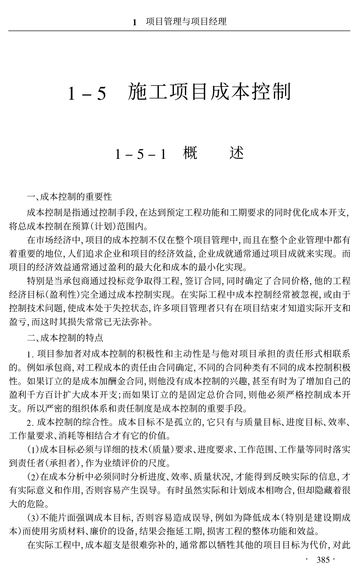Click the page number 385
[323, 560]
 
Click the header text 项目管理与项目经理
[186, 21]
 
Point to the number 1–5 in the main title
[87, 93]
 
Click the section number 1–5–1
[141, 154]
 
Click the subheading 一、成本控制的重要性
[69, 197]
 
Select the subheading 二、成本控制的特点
[65, 338]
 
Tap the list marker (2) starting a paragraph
[33, 476]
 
